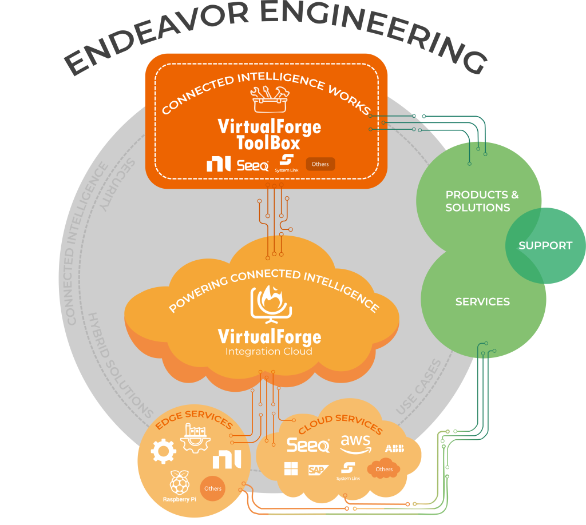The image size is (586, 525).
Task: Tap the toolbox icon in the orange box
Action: (270, 100)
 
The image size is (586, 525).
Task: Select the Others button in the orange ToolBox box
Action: (320, 164)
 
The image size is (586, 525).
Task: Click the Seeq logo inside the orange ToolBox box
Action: (252, 165)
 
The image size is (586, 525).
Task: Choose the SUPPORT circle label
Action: (545, 245)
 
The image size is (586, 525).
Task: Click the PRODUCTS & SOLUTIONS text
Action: (481, 201)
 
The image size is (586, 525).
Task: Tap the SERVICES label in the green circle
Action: (482, 301)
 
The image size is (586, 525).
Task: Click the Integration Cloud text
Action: (269, 351)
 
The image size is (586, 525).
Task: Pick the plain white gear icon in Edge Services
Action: (163, 451)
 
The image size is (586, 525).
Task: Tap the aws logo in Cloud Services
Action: (355, 443)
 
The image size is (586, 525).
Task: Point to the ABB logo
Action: (394, 448)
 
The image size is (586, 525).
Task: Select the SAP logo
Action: (318, 470)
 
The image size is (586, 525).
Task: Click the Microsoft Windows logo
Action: (291, 470)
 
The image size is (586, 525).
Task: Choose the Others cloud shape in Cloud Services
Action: (384, 469)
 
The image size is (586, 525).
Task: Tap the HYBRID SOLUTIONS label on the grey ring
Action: (120, 366)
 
